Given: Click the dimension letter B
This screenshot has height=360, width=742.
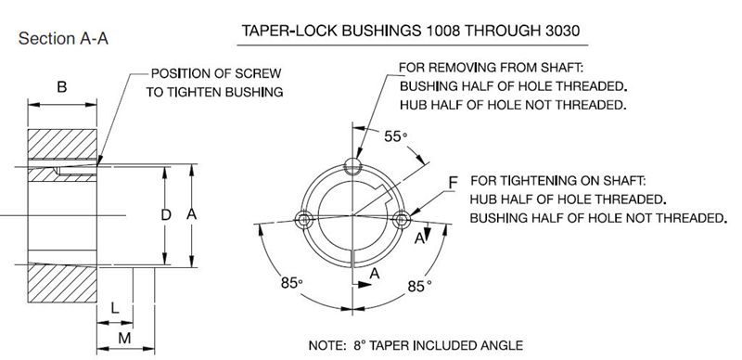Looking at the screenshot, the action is click(62, 87).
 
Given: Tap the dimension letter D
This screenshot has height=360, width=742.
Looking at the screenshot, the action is click(166, 215).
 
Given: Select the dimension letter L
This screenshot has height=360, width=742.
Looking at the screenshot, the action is click(115, 308).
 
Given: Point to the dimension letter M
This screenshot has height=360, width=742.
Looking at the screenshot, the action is click(124, 339).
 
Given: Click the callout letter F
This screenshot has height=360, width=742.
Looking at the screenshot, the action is click(453, 182).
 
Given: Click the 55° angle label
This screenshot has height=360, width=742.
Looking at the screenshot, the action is click(396, 137).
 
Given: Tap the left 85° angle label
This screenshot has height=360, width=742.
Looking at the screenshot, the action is click(291, 283).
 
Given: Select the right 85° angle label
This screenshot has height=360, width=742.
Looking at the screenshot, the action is click(420, 286).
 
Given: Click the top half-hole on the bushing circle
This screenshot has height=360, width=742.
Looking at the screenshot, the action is click(352, 165).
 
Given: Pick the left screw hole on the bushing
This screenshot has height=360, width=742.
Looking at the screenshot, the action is click(302, 219).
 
